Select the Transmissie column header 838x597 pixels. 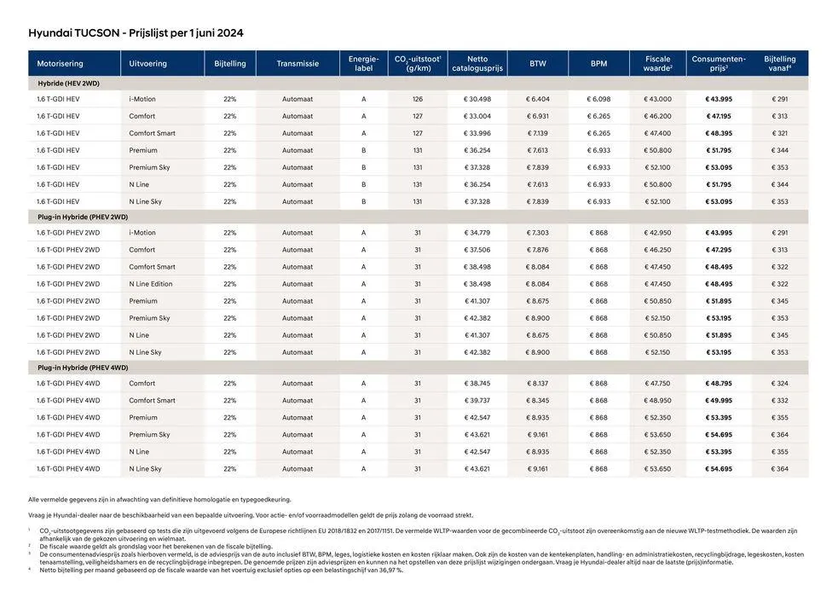pos(298,64)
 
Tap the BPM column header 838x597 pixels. pos(598,64)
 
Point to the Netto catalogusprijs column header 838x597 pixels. pos(477,64)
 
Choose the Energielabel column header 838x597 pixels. pos(363,64)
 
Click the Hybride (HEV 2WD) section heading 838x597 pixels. pos(68,84)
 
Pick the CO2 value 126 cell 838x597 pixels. pos(418,100)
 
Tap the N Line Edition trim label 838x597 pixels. pos(151,284)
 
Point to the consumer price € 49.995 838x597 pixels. pos(719,401)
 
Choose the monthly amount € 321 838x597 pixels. pos(780,134)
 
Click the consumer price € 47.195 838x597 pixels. pos(719,117)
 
